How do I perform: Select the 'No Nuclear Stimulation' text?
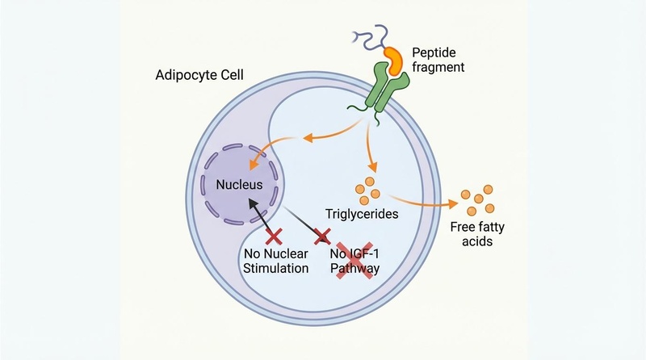(275, 261)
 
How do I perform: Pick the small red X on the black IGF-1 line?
(322, 236)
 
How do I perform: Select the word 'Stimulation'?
(275, 269)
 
